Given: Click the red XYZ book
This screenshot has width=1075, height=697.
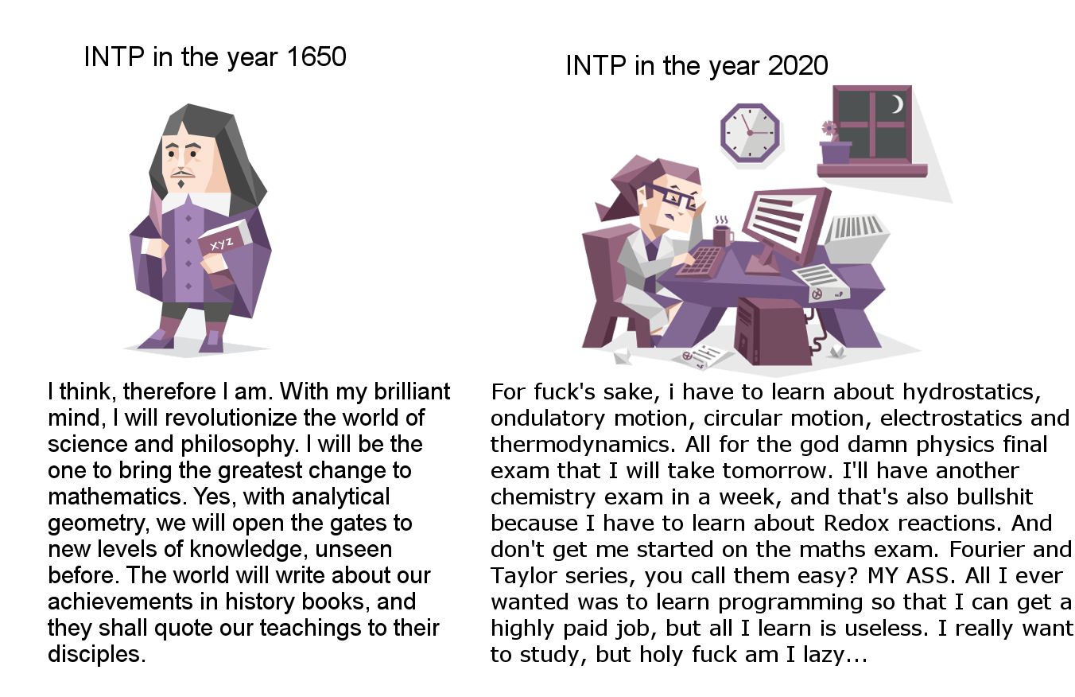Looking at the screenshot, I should click(x=223, y=238).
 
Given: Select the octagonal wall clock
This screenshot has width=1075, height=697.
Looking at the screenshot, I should click(x=750, y=132).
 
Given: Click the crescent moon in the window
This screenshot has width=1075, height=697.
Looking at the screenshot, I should click(x=897, y=104).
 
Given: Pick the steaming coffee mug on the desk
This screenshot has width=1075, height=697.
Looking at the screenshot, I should click(x=722, y=234).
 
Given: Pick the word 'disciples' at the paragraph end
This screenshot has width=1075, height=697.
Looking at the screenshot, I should click(x=95, y=655).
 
